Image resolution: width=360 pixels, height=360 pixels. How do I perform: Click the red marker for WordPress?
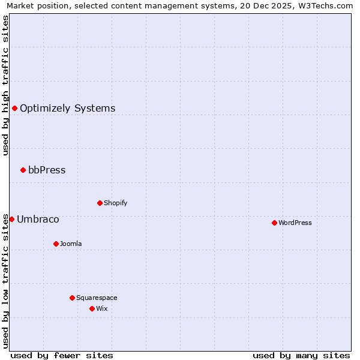tap(274, 223)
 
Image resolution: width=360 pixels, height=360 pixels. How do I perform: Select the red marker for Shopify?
tap(100, 203)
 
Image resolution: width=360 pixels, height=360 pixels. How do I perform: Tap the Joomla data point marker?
tap(56, 244)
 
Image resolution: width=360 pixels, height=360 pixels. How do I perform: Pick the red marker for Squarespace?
tap(72, 298)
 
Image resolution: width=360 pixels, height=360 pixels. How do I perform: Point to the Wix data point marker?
tap(92, 308)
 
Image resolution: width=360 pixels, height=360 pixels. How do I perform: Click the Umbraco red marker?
tap(11, 219)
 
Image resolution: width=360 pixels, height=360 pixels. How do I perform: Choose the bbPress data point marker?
tap(23, 170)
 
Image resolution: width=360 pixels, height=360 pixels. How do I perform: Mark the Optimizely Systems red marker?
tap(14, 108)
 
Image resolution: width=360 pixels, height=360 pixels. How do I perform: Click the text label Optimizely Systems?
tap(67, 109)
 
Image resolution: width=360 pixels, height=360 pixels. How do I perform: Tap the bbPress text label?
tap(47, 170)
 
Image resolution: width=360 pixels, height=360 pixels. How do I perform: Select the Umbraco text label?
tap(38, 220)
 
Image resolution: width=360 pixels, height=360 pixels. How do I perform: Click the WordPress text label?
tap(295, 223)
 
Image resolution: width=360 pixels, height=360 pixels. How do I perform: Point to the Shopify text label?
tap(115, 203)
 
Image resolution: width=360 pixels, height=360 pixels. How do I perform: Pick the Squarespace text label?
tap(97, 298)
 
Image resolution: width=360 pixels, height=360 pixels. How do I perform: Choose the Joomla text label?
tap(71, 244)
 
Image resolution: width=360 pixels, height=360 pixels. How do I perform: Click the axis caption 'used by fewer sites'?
tap(62, 355)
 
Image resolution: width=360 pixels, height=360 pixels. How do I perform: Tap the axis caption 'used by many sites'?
tap(301, 355)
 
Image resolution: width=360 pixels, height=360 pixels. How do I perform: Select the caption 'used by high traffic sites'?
tap(5, 85)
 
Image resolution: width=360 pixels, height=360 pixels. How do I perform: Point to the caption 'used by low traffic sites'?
tap(5, 281)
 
